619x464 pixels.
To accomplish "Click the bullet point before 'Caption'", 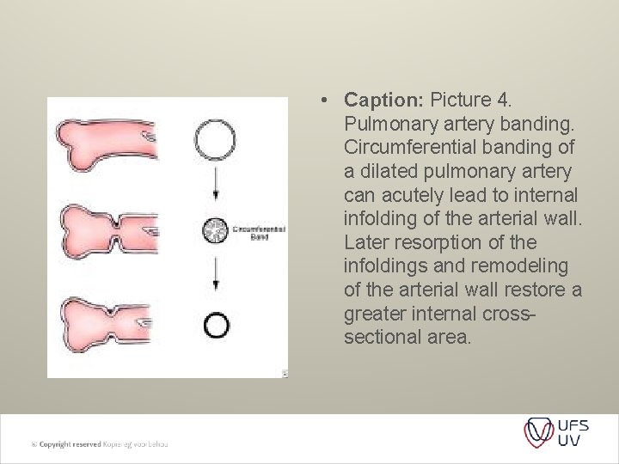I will [321, 101].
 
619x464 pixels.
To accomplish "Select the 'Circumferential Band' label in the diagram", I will [259, 233].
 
